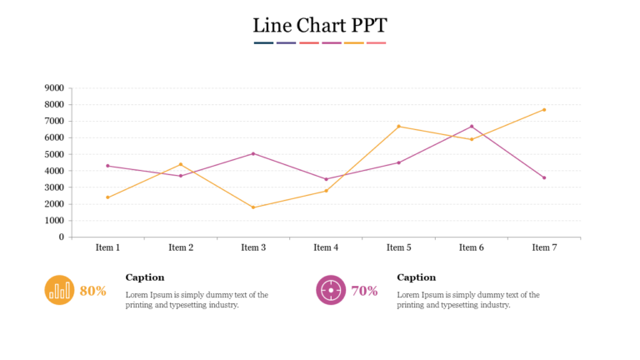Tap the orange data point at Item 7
pyautogui.click(x=544, y=109)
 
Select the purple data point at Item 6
pyautogui.click(x=472, y=127)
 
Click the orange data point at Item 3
pyautogui.click(x=253, y=207)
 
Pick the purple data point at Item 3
pyautogui.click(x=253, y=153)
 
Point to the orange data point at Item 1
pyautogui.click(x=107, y=197)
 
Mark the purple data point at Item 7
pyautogui.click(x=544, y=177)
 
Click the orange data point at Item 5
pyautogui.click(x=399, y=126)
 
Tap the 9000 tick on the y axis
pyautogui.click(x=54, y=87)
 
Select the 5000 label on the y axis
pyautogui.click(x=54, y=154)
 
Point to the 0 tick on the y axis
pyautogui.click(x=61, y=237)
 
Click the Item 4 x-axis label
pyautogui.click(x=326, y=247)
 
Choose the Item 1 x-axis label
pyautogui.click(x=107, y=247)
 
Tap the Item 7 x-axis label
pyautogui.click(x=544, y=247)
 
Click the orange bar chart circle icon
pyautogui.click(x=59, y=290)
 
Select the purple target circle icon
pyautogui.click(x=331, y=290)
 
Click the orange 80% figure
pyautogui.click(x=92, y=291)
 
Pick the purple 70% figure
pyautogui.click(x=364, y=291)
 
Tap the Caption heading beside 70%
pyautogui.click(x=416, y=277)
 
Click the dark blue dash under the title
pyautogui.click(x=263, y=42)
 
